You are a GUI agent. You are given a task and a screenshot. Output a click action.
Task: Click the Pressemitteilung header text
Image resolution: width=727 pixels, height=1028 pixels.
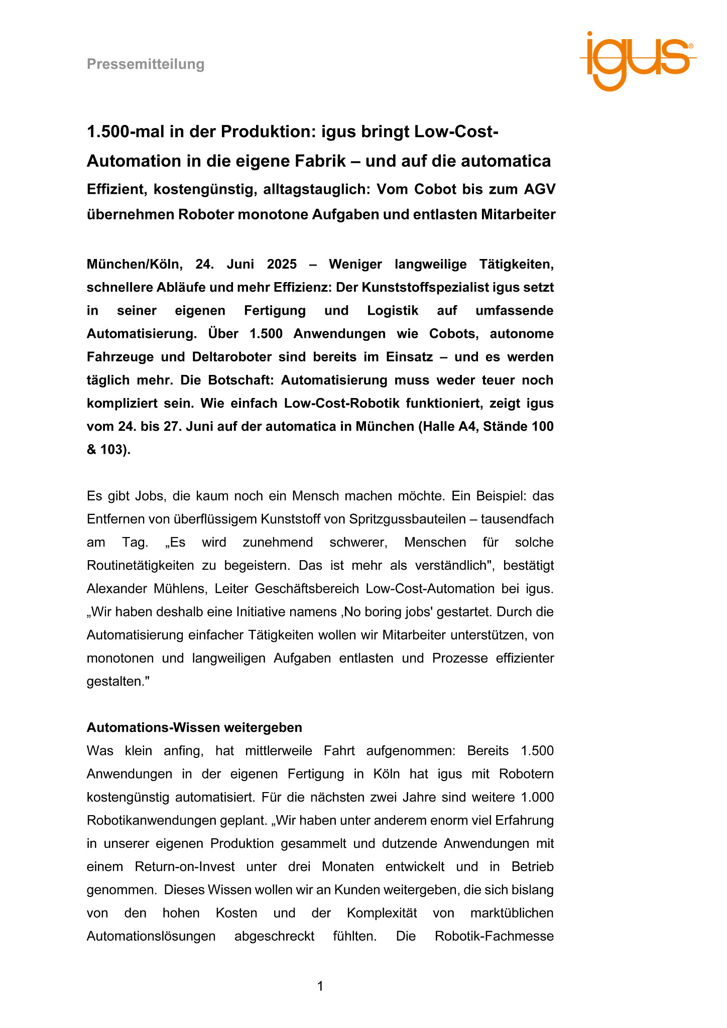click(146, 64)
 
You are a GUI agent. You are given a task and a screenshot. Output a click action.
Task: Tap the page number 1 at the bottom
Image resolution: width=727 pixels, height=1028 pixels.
click(320, 986)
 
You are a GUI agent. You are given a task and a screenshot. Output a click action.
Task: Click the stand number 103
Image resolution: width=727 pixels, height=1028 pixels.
click(113, 449)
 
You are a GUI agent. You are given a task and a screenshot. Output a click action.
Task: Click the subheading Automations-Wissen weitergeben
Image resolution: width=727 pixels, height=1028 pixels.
click(194, 727)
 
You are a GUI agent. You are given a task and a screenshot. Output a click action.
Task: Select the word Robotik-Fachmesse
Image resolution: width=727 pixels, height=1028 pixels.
click(494, 936)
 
